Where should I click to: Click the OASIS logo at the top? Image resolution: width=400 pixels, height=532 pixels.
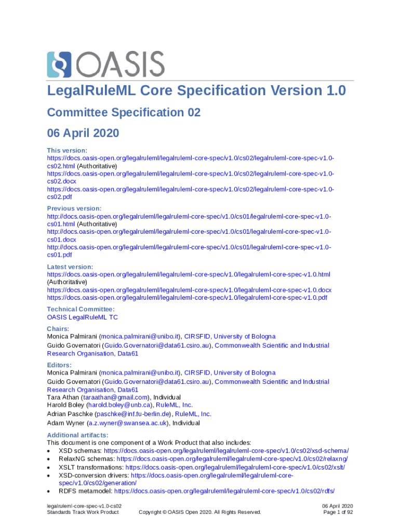(105, 64)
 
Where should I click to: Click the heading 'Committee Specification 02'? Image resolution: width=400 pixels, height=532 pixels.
(124, 113)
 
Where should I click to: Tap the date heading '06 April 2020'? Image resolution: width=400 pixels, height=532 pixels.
(83, 133)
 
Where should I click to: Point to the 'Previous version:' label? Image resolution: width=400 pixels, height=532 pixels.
(74, 208)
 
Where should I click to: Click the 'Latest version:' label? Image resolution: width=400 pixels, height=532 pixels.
(70, 267)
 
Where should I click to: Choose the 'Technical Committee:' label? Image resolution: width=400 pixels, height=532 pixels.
(81, 309)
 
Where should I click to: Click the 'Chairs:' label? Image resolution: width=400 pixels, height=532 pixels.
(58, 329)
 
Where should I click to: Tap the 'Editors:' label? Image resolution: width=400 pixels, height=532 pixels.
(59, 365)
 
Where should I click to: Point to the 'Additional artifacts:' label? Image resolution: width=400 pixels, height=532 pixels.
(77, 435)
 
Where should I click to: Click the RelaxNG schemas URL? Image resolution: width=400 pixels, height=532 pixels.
(232, 459)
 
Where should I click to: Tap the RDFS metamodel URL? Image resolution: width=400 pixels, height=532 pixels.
(224, 490)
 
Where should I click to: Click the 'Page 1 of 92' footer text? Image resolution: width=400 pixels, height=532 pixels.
(338, 512)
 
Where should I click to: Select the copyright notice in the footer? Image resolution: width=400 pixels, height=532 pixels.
(200, 512)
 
